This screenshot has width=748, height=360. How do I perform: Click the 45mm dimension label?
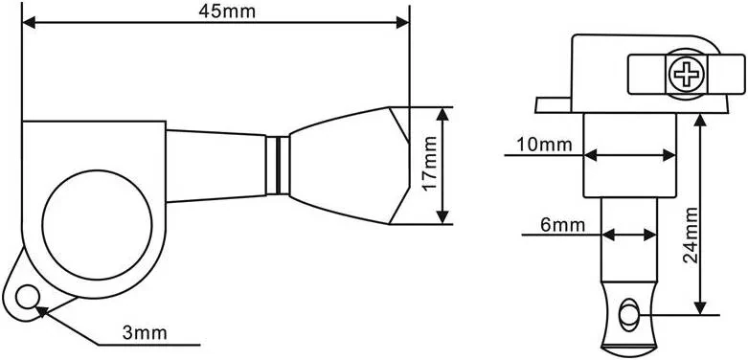pos(227,11)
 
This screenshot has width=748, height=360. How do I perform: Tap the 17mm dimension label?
pos(430,163)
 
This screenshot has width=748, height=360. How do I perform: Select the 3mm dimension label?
pos(145,333)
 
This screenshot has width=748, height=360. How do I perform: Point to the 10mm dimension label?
pos(545,145)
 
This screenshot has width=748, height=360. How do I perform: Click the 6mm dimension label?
pos(563,224)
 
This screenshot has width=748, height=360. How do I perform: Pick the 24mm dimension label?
pos(691,236)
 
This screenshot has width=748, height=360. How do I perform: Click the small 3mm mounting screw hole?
pos(26,297)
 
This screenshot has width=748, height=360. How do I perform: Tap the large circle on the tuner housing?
pos(97,225)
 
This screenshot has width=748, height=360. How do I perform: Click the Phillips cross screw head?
pos(686,75)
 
